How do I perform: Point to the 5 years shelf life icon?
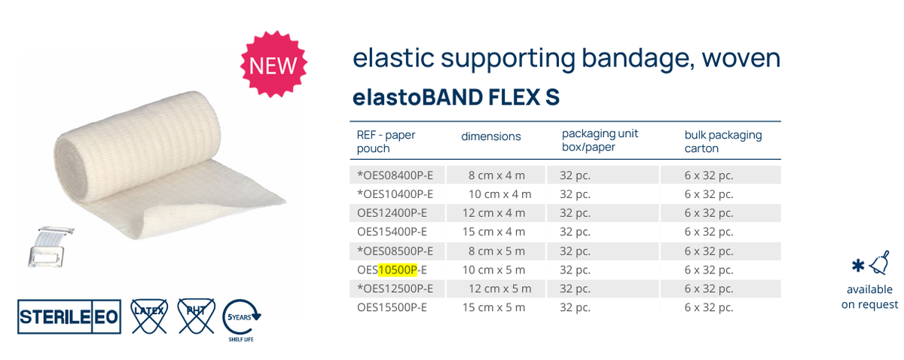[243, 319]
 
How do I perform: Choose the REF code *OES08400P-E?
[395, 175]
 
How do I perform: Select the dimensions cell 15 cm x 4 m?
[493, 231]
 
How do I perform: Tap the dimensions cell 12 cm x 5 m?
[500, 288]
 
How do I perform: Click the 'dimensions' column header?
[491, 136]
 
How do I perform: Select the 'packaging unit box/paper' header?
[600, 140]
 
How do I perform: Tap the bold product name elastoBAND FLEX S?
[456, 98]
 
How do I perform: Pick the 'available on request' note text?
[869, 297]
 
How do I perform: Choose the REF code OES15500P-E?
[392, 307]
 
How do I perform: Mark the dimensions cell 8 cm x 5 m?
[496, 250]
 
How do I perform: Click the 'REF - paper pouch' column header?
[386, 142]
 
